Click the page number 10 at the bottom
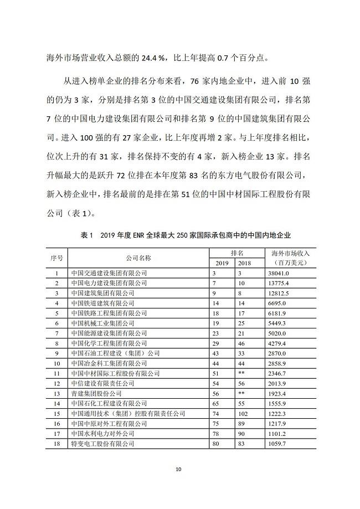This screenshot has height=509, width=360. (178, 470)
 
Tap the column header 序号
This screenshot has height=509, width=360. (57, 258)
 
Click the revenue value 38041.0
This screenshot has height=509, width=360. (279, 273)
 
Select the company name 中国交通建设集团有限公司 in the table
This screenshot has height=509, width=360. (110, 273)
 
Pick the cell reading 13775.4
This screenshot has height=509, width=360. (279, 283)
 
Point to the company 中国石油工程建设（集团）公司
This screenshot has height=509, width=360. (115, 353)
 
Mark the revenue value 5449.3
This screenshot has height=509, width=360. (277, 323)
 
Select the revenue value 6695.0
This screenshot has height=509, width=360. (277, 303)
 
